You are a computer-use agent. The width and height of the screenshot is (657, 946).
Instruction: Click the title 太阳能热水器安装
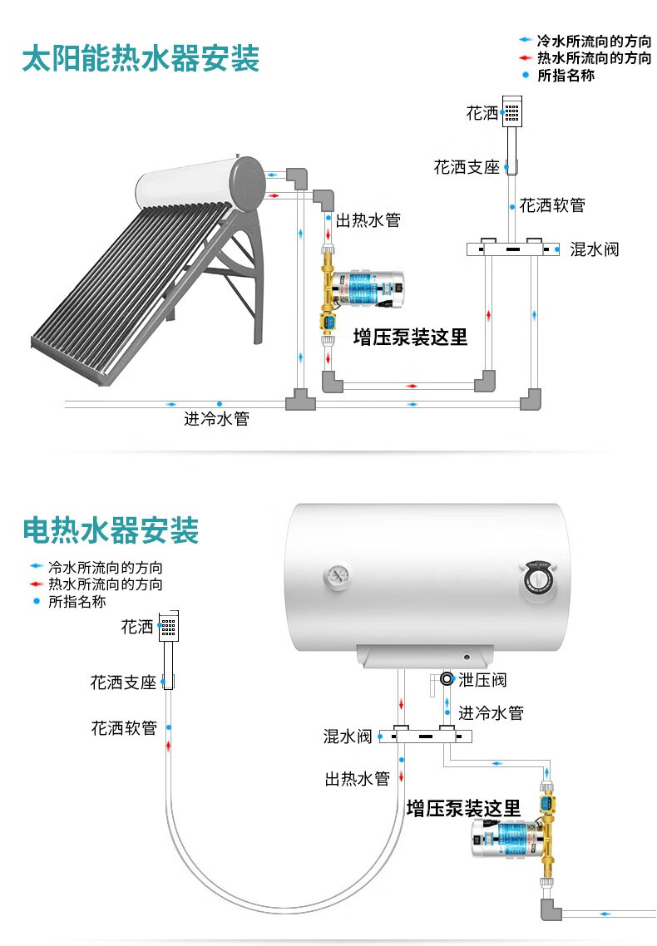(141, 59)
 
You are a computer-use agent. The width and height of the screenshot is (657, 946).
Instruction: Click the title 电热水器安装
(111, 530)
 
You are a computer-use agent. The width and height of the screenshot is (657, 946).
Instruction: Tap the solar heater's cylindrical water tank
(200, 184)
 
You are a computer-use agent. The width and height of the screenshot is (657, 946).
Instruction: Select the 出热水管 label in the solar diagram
(368, 220)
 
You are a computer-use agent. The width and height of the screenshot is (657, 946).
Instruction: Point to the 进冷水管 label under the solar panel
(216, 419)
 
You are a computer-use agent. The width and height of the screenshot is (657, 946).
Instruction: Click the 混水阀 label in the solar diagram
(594, 249)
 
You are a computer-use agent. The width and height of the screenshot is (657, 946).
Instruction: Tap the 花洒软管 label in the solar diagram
(552, 205)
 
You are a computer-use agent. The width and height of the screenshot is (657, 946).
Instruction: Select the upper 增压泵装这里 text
(410, 337)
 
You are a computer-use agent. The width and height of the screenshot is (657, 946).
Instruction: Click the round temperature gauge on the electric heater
(338, 574)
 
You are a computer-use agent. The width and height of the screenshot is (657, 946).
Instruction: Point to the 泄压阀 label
(482, 680)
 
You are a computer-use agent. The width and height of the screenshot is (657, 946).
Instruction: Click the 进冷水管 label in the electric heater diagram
(491, 712)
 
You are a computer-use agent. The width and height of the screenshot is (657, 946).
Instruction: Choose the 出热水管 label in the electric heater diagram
(357, 779)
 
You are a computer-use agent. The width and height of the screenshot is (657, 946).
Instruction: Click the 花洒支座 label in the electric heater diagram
(123, 682)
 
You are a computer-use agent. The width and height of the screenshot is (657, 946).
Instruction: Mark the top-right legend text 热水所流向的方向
(594, 57)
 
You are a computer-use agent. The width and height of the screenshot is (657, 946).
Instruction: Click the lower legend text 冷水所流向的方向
(105, 568)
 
